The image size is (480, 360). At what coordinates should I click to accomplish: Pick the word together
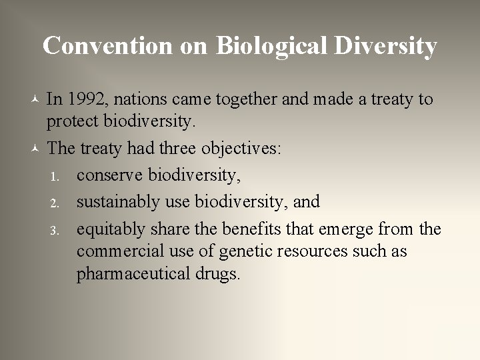point(249,100)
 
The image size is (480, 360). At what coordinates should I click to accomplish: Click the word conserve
point(109,175)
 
